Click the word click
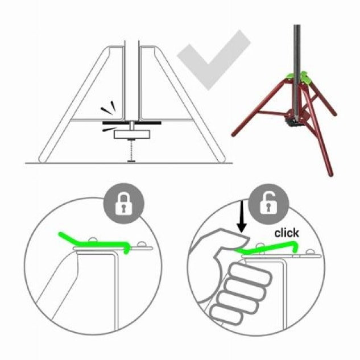287,233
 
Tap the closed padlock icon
124,204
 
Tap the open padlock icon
268,203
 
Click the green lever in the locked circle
95,243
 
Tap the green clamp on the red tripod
298,78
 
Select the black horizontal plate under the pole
131,123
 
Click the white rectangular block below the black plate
132,134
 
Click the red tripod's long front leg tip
331,175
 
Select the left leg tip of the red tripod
234,134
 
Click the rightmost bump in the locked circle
142,245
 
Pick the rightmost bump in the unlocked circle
310,252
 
